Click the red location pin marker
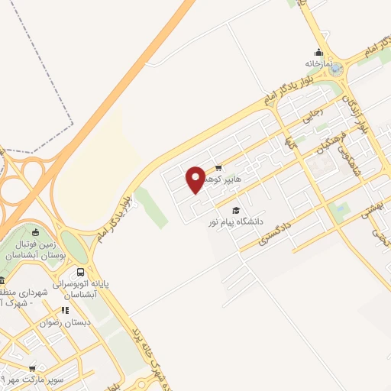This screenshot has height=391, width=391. point(195,179)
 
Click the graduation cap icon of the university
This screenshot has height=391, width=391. point(236,210)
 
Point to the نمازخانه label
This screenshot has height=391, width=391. point(318,63)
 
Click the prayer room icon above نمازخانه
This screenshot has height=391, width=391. point(318,53)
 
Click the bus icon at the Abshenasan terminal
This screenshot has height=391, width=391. point(80,273)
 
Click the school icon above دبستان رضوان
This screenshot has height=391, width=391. point(66,310)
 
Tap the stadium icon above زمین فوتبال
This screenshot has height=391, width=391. point(36,232)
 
